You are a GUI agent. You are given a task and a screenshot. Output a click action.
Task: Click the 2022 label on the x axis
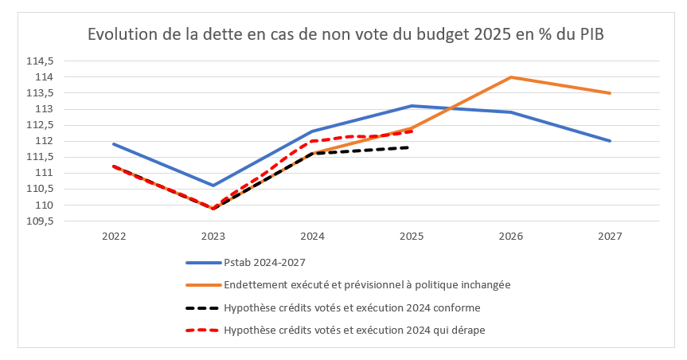(113, 237)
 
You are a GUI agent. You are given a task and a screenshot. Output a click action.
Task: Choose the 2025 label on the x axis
(412, 237)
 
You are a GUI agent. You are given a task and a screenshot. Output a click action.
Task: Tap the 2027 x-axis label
(610, 237)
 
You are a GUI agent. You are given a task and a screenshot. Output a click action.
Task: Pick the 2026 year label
(510, 237)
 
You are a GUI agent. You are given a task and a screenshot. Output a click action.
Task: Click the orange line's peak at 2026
(510, 77)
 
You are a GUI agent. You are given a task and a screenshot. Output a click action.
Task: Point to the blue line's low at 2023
(213, 186)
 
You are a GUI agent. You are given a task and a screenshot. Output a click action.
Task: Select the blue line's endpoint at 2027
(610, 141)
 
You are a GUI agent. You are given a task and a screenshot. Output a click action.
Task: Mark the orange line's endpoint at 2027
(610, 93)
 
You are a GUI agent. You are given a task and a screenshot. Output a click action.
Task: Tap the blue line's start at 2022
(113, 144)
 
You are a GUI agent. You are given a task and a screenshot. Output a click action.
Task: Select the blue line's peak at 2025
(412, 106)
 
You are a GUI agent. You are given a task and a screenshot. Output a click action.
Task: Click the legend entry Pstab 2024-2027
(263, 262)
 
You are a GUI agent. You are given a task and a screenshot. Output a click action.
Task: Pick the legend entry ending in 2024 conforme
(353, 307)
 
